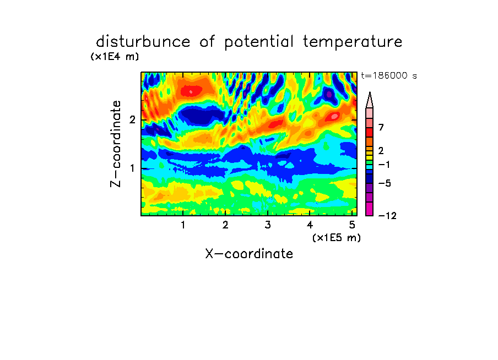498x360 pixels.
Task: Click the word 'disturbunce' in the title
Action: [143, 42]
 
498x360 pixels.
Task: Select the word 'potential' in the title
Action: [259, 42]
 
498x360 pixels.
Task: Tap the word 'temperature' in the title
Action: [353, 42]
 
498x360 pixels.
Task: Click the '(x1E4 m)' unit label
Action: [115, 57]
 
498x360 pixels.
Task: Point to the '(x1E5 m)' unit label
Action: [337, 237]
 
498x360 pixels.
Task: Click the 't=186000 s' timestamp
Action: [389, 75]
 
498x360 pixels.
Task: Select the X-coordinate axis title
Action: [249, 254]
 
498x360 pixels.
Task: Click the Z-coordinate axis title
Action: [116, 144]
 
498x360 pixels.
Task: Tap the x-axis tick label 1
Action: [183, 225]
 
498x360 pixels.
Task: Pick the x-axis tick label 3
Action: [268, 225]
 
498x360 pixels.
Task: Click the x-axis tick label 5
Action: [352, 225]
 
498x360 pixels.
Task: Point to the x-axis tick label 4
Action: [310, 225]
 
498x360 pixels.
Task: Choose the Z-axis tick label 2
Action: [132, 120]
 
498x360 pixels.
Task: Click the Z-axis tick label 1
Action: [132, 168]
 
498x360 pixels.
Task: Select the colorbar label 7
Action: [381, 128]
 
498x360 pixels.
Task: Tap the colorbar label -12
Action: [387, 216]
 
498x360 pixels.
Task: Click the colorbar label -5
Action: [385, 183]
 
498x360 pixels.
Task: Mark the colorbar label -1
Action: [384, 165]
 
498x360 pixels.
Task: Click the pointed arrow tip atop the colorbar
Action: [370, 92]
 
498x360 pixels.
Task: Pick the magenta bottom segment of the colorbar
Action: [370, 209]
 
